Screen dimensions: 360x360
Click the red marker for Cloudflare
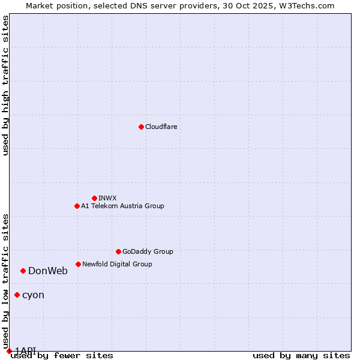[x=141, y=127]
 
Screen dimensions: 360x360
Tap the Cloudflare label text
[x=161, y=127]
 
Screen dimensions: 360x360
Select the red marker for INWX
[x=94, y=198]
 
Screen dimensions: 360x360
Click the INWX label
[x=107, y=198]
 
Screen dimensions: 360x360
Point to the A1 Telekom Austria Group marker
[x=77, y=206]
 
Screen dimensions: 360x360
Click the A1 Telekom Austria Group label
[x=122, y=206]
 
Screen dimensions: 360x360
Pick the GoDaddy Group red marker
[x=118, y=251]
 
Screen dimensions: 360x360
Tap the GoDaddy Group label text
[x=148, y=251]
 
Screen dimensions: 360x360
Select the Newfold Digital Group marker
[x=78, y=264]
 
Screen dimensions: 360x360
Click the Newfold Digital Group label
[x=117, y=264]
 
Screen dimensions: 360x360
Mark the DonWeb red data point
[x=23, y=271]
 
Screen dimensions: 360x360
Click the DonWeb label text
[x=48, y=271]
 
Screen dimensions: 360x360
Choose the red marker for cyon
[x=17, y=295]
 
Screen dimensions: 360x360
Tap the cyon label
[x=33, y=295]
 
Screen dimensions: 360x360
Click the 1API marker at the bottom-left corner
[x=9, y=351]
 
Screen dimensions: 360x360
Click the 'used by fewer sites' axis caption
[x=62, y=356]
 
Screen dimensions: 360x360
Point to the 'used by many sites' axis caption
[x=301, y=356]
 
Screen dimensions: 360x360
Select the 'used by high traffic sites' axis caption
[x=5, y=85]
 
